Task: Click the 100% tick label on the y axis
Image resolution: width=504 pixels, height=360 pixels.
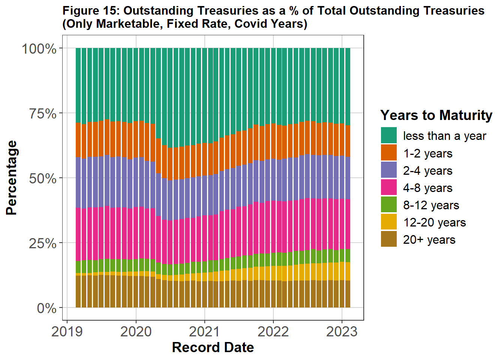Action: [39, 49]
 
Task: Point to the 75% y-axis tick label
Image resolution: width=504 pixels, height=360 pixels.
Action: [43, 114]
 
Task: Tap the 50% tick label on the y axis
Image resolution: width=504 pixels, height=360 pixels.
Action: [43, 178]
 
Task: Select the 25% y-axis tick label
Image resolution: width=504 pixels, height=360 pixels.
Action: [43, 243]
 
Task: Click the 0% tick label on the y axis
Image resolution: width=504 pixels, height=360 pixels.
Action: [47, 308]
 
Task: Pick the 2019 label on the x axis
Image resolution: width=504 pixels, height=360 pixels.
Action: [67, 331]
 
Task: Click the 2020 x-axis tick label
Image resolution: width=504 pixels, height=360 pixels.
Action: [136, 331]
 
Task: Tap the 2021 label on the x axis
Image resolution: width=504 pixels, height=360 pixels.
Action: [204, 331]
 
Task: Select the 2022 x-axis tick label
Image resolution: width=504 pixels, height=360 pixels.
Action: [273, 331]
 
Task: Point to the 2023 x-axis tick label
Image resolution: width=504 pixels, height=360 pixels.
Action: [342, 331]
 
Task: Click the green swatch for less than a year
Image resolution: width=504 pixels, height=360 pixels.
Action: [389, 135]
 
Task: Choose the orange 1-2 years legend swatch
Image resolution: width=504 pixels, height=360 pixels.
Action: [389, 153]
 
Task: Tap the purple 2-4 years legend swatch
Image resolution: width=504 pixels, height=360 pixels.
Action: [389, 170]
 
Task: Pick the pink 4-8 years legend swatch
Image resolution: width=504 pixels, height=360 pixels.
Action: [389, 187]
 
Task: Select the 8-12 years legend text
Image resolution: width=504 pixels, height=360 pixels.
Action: [431, 205]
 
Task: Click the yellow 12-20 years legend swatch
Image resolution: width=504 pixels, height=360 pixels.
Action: [389, 222]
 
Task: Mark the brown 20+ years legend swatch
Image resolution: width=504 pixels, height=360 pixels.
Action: [389, 239]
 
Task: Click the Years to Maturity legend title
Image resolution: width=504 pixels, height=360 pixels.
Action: [436, 115]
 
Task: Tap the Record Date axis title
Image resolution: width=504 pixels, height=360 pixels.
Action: [213, 348]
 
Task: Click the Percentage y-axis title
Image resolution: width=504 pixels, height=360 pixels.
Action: [12, 177]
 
